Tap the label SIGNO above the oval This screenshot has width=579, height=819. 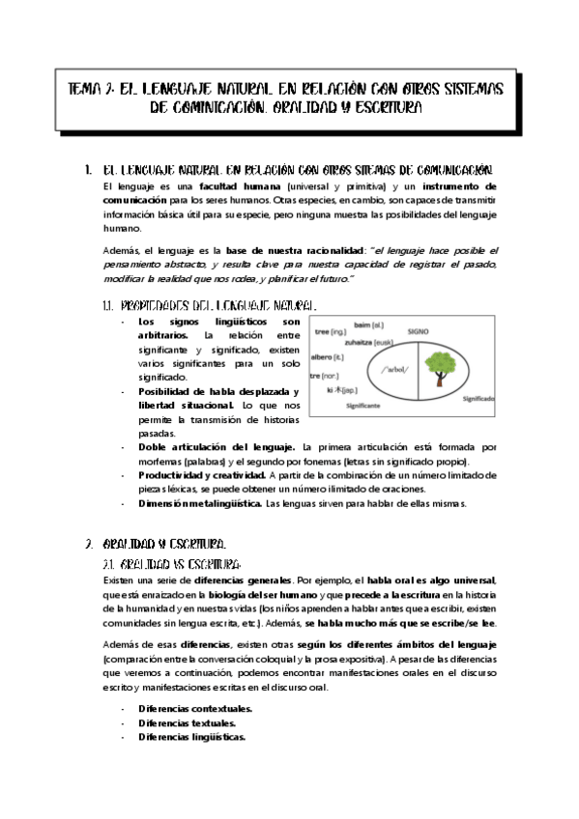click(x=418, y=330)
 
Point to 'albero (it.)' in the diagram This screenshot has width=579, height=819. click(x=329, y=355)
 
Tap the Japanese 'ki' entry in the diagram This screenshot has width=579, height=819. click(x=342, y=390)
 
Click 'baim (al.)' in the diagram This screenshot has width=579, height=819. click(x=368, y=325)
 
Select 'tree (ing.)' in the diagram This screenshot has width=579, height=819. click(x=332, y=331)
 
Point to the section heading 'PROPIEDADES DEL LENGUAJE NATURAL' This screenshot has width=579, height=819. click(x=217, y=305)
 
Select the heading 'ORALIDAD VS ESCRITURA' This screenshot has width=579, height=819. click(x=177, y=562)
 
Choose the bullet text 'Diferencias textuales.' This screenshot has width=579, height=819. click(x=182, y=722)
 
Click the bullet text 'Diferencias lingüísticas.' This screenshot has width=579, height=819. click(x=191, y=736)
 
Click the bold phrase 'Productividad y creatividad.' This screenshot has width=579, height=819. click(x=201, y=476)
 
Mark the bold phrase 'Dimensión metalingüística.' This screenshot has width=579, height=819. click(x=199, y=503)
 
